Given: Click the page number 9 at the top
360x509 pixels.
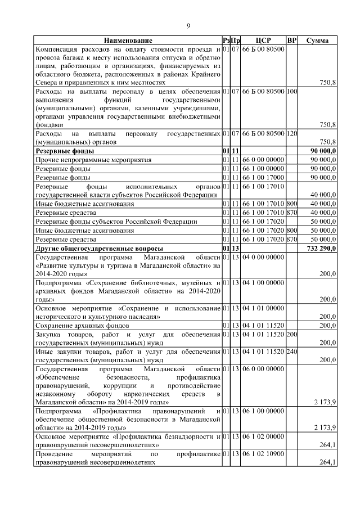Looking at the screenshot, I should (188, 25).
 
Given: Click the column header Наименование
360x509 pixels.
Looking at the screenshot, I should (128, 40).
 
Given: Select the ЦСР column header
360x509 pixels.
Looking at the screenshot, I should (263, 40).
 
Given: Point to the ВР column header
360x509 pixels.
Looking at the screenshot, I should (291, 40).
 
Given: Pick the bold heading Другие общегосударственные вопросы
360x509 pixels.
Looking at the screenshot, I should (100, 248).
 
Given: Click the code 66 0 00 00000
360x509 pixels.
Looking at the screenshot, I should (263, 160).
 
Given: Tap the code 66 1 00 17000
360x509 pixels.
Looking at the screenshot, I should (263, 177).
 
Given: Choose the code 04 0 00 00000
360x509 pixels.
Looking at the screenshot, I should (263, 256).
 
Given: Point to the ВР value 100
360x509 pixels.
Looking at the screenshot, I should (291, 91).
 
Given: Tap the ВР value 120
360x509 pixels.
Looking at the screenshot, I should (291, 134).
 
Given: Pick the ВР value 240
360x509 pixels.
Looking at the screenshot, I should (291, 352).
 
